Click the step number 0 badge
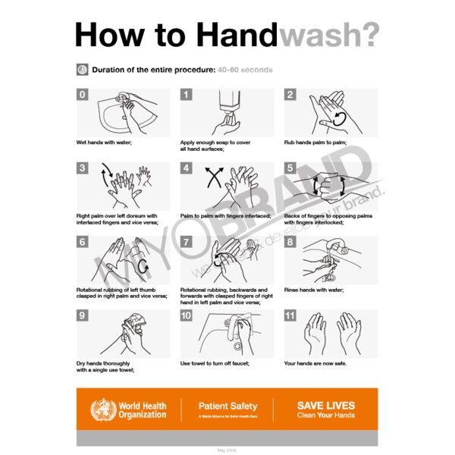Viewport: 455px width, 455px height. coord(82,95)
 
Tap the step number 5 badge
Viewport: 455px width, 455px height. coord(290,168)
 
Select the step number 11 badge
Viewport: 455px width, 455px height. coord(290,315)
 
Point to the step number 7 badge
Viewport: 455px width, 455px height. coord(186,242)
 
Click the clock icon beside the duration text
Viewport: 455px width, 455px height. coord(82,70)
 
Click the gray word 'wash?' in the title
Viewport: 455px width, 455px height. coord(328,36)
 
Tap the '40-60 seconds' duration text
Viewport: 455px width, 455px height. coord(244,70)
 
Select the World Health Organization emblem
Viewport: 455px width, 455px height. coord(101,410)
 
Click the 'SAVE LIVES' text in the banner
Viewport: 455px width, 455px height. coord(325,406)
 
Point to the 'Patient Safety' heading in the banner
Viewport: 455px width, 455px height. coord(227,406)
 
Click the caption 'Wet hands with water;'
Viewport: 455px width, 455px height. coord(103,143)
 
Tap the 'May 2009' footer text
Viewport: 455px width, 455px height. coord(227,450)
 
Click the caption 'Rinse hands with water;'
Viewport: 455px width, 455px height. coord(314,290)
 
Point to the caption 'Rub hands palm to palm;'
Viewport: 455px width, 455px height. coord(315,143)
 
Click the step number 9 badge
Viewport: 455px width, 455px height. coord(82,315)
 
